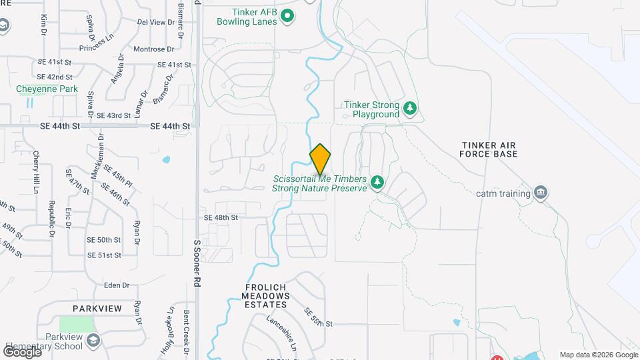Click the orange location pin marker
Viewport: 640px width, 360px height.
(x=320, y=159)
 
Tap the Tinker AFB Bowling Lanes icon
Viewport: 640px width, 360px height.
(x=287, y=15)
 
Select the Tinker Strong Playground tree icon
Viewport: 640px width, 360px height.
(x=411, y=108)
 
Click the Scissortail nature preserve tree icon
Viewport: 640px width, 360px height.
(x=377, y=182)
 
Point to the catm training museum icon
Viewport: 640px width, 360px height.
(x=541, y=193)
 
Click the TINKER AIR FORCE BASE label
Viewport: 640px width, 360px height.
(x=488, y=149)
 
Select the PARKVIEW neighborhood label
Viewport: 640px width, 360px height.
(x=97, y=309)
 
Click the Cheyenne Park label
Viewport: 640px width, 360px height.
(x=47, y=89)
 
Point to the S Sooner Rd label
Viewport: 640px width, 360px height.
(x=197, y=263)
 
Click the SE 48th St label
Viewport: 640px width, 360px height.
(x=221, y=218)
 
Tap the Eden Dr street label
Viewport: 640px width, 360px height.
(x=117, y=285)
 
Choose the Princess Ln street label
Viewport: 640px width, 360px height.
(x=96, y=49)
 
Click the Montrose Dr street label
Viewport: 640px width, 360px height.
(x=153, y=49)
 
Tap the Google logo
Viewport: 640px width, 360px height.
(x=22, y=352)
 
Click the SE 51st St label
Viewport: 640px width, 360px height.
(x=105, y=255)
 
